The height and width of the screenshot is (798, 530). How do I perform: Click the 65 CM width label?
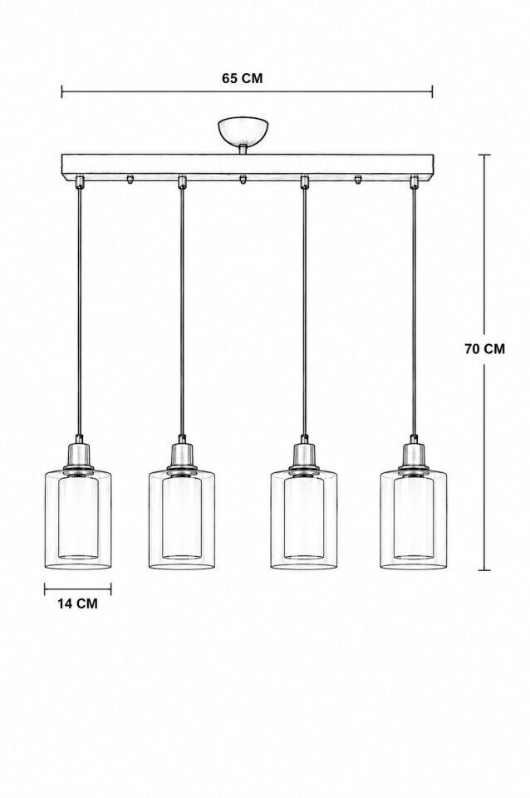[x=242, y=78]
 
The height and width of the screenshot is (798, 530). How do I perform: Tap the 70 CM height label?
[x=485, y=348]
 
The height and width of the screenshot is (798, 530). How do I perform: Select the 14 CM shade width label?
[x=77, y=603]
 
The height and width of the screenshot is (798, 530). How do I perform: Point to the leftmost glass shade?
[x=78, y=519]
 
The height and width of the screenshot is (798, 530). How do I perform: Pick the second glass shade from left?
[x=182, y=519]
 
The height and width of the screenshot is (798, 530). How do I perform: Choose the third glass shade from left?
[x=304, y=519]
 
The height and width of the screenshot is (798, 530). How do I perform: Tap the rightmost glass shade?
[x=414, y=519]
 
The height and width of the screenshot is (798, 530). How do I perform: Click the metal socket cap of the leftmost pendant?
[x=79, y=455]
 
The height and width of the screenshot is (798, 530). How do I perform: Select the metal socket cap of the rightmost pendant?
[x=415, y=455]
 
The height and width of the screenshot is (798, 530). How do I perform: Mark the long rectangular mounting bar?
[x=248, y=167]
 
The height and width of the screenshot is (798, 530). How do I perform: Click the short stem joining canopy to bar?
[x=243, y=149]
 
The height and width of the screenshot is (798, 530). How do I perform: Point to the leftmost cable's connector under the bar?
[x=80, y=182]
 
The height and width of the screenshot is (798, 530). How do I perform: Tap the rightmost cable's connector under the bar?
[x=415, y=182]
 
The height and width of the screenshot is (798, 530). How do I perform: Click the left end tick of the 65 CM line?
[x=62, y=91]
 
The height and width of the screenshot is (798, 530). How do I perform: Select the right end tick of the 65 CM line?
[x=432, y=91]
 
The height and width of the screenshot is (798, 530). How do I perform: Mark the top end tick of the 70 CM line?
[x=484, y=155]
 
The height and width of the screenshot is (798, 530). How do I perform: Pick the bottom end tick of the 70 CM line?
[x=484, y=570]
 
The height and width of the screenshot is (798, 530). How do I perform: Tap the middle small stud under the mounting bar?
[x=243, y=180]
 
